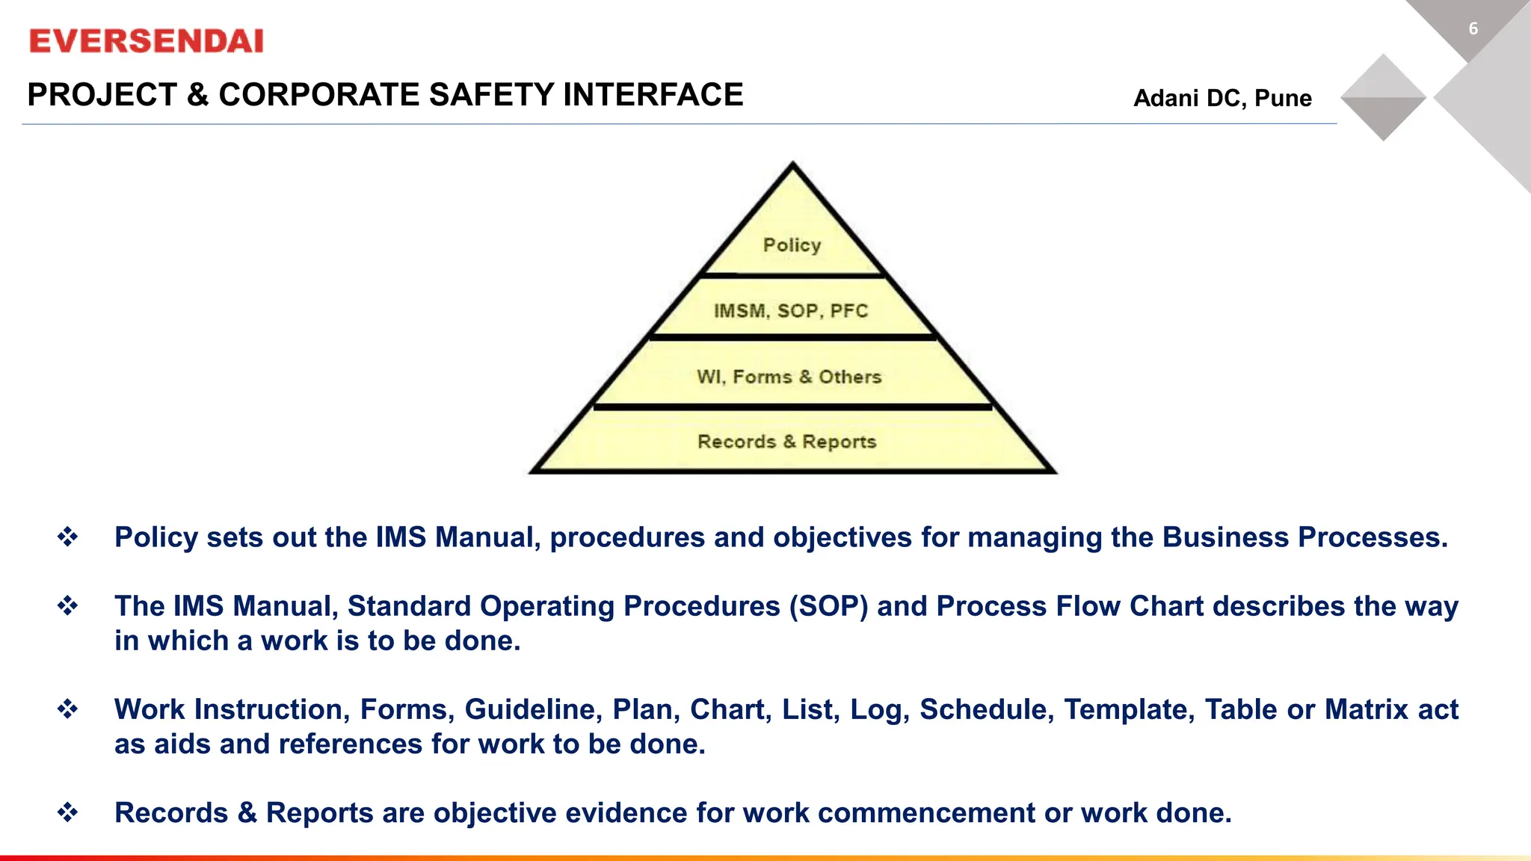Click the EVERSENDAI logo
click(x=147, y=41)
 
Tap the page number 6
click(x=1473, y=29)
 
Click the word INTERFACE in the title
click(x=653, y=95)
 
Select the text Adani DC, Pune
click(x=1222, y=98)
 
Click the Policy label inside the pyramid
click(x=792, y=245)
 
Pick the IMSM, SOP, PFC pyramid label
click(x=791, y=311)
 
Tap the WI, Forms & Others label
click(x=789, y=377)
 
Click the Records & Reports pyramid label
click(x=787, y=442)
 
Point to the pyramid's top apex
click(x=793, y=164)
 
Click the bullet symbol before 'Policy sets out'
click(x=68, y=537)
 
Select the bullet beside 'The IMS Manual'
click(x=68, y=605)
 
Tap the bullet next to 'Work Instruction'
click(x=68, y=709)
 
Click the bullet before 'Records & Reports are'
click(x=68, y=812)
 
